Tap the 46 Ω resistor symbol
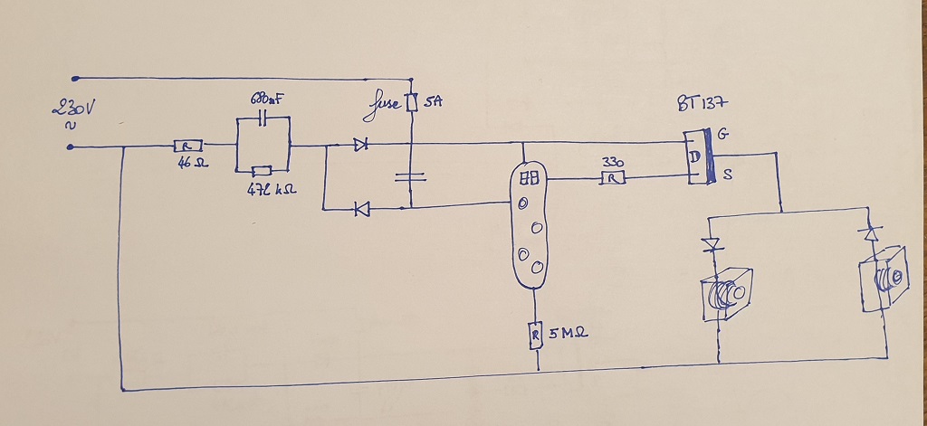coord(187,146)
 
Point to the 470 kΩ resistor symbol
coord(262,171)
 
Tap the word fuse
coord(384,110)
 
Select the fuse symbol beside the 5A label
coord(411,103)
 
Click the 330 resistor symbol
coord(613,179)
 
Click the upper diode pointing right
coord(361,144)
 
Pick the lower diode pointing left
coord(362,209)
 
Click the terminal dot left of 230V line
coord(71,147)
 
